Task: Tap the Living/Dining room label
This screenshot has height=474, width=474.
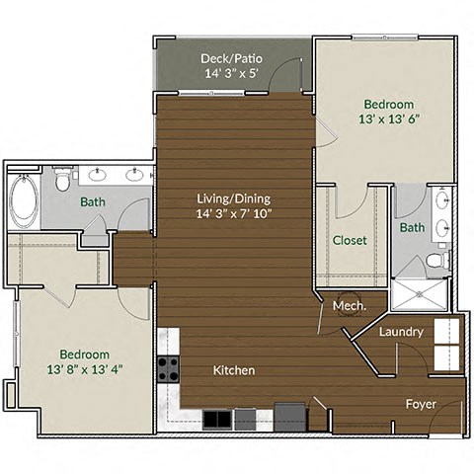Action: coord(233,197)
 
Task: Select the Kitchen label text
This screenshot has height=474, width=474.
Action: coord(234,370)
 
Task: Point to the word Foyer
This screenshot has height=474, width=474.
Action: coord(423,405)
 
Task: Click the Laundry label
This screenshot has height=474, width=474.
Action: coord(402,332)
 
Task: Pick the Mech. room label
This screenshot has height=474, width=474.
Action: coord(350,306)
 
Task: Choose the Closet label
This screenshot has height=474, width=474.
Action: coord(350,240)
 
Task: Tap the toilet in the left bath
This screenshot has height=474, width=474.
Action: coord(63,182)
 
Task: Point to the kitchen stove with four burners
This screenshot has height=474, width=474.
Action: coord(168,369)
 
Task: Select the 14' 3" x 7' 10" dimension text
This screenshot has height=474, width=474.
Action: coord(233,213)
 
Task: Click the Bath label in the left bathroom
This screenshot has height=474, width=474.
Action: coord(94,202)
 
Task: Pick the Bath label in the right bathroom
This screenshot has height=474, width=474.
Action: coord(413,228)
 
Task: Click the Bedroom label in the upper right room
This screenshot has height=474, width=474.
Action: coord(388,104)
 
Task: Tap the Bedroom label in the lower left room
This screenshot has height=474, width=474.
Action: coord(84,355)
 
